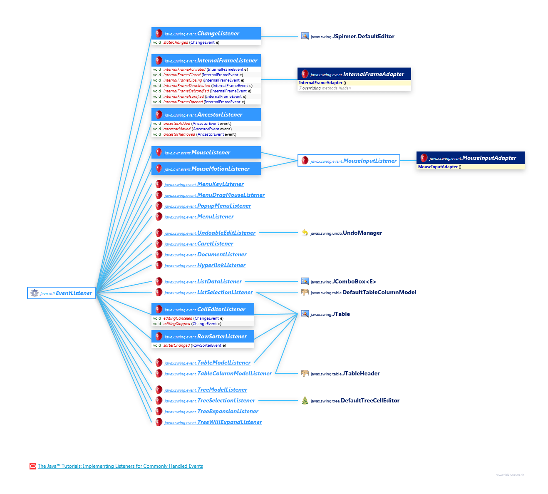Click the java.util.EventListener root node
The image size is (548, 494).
click(x=62, y=293)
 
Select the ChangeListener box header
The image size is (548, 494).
click(x=206, y=33)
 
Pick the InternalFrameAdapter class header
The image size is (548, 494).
click(x=354, y=74)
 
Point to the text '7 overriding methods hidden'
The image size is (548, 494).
click(x=325, y=88)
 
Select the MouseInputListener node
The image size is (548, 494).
click(x=349, y=161)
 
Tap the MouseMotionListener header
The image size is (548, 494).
click(x=206, y=169)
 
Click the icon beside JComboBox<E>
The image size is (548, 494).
click(x=305, y=282)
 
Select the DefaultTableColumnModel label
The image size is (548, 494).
click(x=379, y=292)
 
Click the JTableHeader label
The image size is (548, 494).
click(x=361, y=373)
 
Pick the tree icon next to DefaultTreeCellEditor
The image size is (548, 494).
click(x=305, y=400)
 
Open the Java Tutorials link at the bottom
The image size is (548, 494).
click(x=120, y=466)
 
